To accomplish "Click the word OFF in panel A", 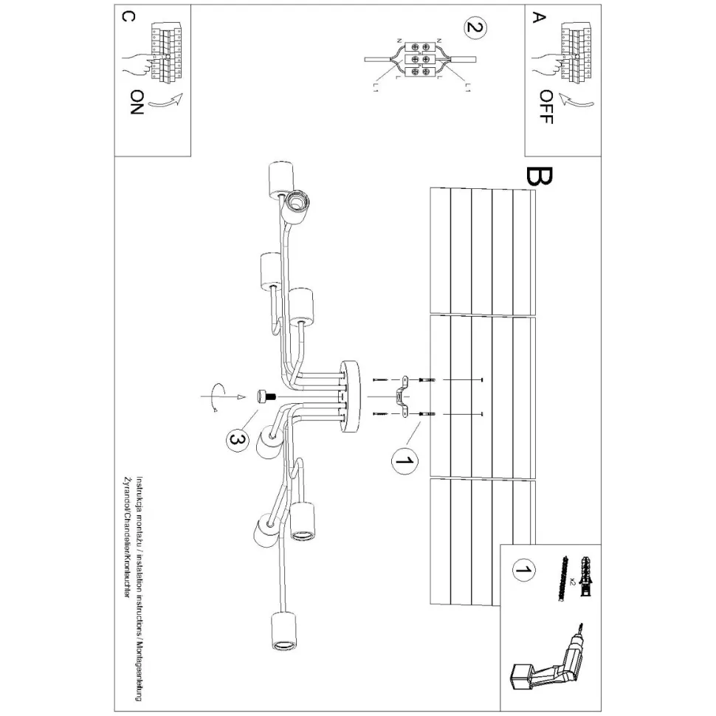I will pyautogui.click(x=545, y=107).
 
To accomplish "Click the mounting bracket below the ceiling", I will pyautogui.click(x=403, y=397).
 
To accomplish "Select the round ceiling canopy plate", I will pyautogui.click(x=350, y=397).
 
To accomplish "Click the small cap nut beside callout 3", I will pyautogui.click(x=263, y=397).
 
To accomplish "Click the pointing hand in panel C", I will pyautogui.click(x=138, y=63).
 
